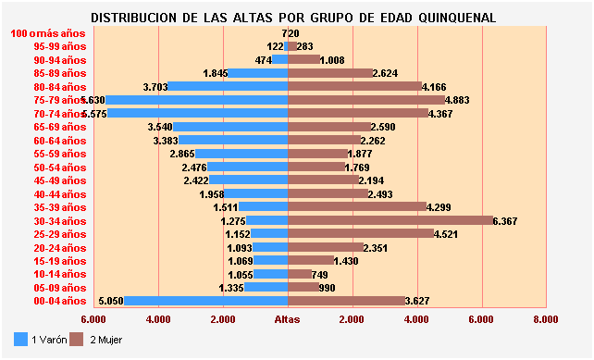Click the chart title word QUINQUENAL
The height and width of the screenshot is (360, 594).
point(451,18)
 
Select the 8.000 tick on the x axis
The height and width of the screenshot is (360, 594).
point(546,319)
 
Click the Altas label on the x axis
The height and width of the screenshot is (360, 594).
point(288,319)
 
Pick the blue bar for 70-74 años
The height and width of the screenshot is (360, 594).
point(198,113)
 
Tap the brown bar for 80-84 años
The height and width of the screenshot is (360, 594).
point(354,86)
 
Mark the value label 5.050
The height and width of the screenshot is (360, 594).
point(110,301)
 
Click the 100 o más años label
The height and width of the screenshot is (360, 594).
point(47,33)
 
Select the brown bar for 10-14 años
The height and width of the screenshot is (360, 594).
point(300,274)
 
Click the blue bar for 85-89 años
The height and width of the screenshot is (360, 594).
point(258,73)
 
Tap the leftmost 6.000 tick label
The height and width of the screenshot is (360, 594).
point(93,319)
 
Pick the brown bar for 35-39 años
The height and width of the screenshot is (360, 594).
point(357,207)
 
